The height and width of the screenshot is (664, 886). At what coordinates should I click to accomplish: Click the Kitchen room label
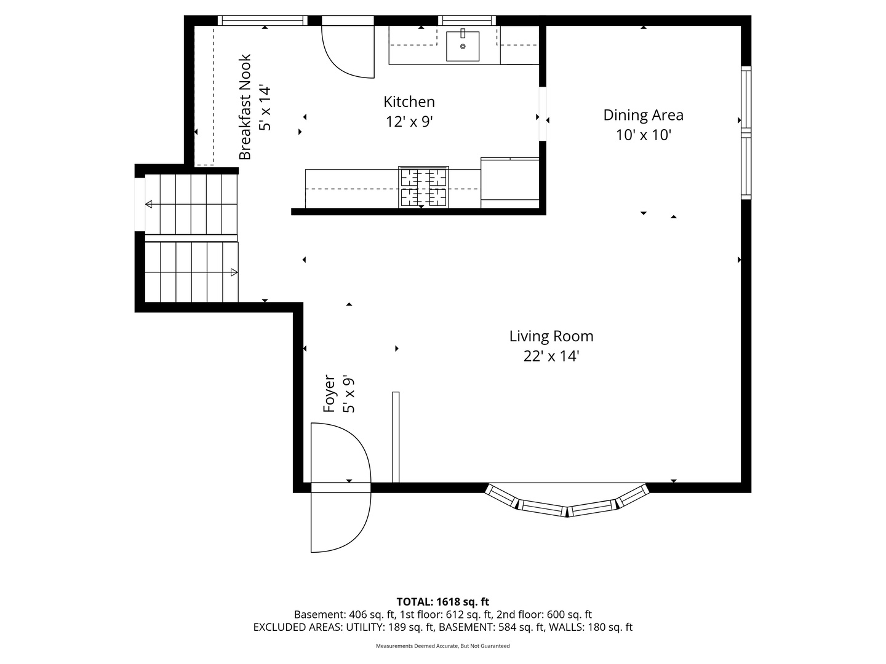point(409,101)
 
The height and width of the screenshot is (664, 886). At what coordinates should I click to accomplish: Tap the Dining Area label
point(643,116)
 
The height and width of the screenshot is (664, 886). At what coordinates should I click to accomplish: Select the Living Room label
point(551,336)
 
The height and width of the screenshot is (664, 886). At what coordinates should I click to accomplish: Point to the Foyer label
point(329,393)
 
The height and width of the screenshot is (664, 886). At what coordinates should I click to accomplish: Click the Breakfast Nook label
point(245,107)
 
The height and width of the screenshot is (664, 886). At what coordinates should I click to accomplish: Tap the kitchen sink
point(463,46)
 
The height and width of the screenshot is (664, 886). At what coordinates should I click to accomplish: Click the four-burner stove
point(423,187)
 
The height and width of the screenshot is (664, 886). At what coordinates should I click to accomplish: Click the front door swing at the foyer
point(370,488)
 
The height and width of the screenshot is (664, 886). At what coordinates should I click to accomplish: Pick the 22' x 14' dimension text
point(551,357)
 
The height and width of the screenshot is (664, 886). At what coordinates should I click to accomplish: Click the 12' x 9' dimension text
point(409,121)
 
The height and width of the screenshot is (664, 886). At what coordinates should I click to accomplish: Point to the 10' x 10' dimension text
point(643,135)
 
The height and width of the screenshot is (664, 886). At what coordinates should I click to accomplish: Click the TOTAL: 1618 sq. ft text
point(443,602)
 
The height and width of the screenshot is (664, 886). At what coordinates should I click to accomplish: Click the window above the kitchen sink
point(467,20)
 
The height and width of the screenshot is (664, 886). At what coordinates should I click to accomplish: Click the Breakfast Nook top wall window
point(262,20)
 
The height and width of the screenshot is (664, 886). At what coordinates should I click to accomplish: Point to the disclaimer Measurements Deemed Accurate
point(443,646)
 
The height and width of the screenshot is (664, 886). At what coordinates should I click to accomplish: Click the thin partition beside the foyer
point(396,437)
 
